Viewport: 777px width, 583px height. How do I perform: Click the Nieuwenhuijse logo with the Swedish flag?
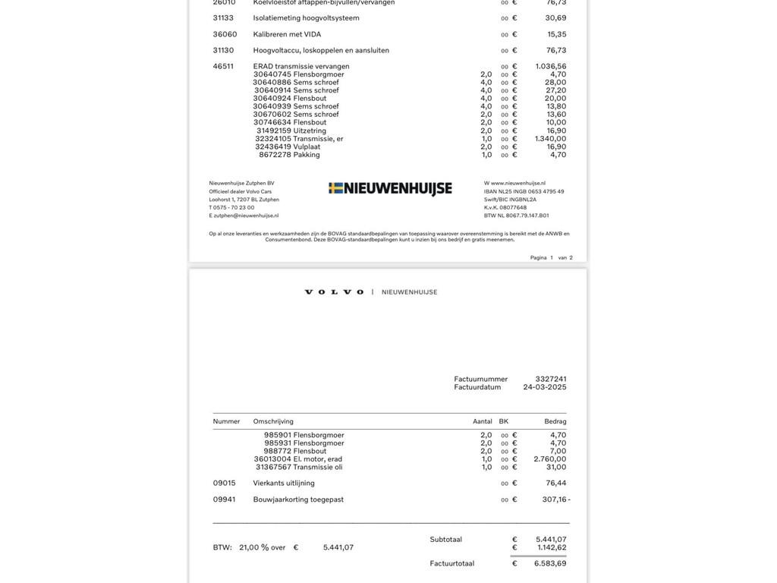(390, 188)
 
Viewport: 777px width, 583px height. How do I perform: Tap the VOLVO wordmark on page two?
(334, 292)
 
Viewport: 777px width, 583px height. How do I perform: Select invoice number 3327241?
(551, 379)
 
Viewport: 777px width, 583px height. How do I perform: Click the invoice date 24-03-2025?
(545, 387)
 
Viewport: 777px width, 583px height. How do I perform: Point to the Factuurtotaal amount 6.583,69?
(550, 563)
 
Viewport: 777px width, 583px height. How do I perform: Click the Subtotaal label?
(446, 540)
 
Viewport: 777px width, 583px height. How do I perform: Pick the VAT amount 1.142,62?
(552, 547)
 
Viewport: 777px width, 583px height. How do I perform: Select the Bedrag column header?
(555, 421)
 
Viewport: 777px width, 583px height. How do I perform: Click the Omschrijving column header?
(273, 421)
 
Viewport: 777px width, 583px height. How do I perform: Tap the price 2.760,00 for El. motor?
(550, 459)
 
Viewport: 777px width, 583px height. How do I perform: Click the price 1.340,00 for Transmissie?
(550, 138)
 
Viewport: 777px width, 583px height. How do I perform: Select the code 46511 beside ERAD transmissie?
(223, 66)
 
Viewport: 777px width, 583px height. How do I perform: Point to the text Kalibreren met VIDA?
(287, 34)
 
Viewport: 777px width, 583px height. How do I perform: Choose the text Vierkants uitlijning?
(284, 483)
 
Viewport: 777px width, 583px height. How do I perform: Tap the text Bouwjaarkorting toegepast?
(298, 499)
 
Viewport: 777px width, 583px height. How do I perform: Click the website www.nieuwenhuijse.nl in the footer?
(518, 183)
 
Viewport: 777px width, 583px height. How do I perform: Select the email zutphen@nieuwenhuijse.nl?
(246, 216)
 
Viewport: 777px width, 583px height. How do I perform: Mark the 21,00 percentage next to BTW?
(249, 547)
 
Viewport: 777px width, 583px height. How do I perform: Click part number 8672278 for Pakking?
(275, 155)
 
